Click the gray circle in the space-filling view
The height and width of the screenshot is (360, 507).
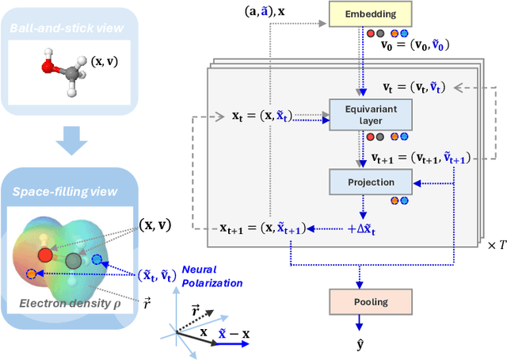[74, 261]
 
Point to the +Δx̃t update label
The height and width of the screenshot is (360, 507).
[362, 228]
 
